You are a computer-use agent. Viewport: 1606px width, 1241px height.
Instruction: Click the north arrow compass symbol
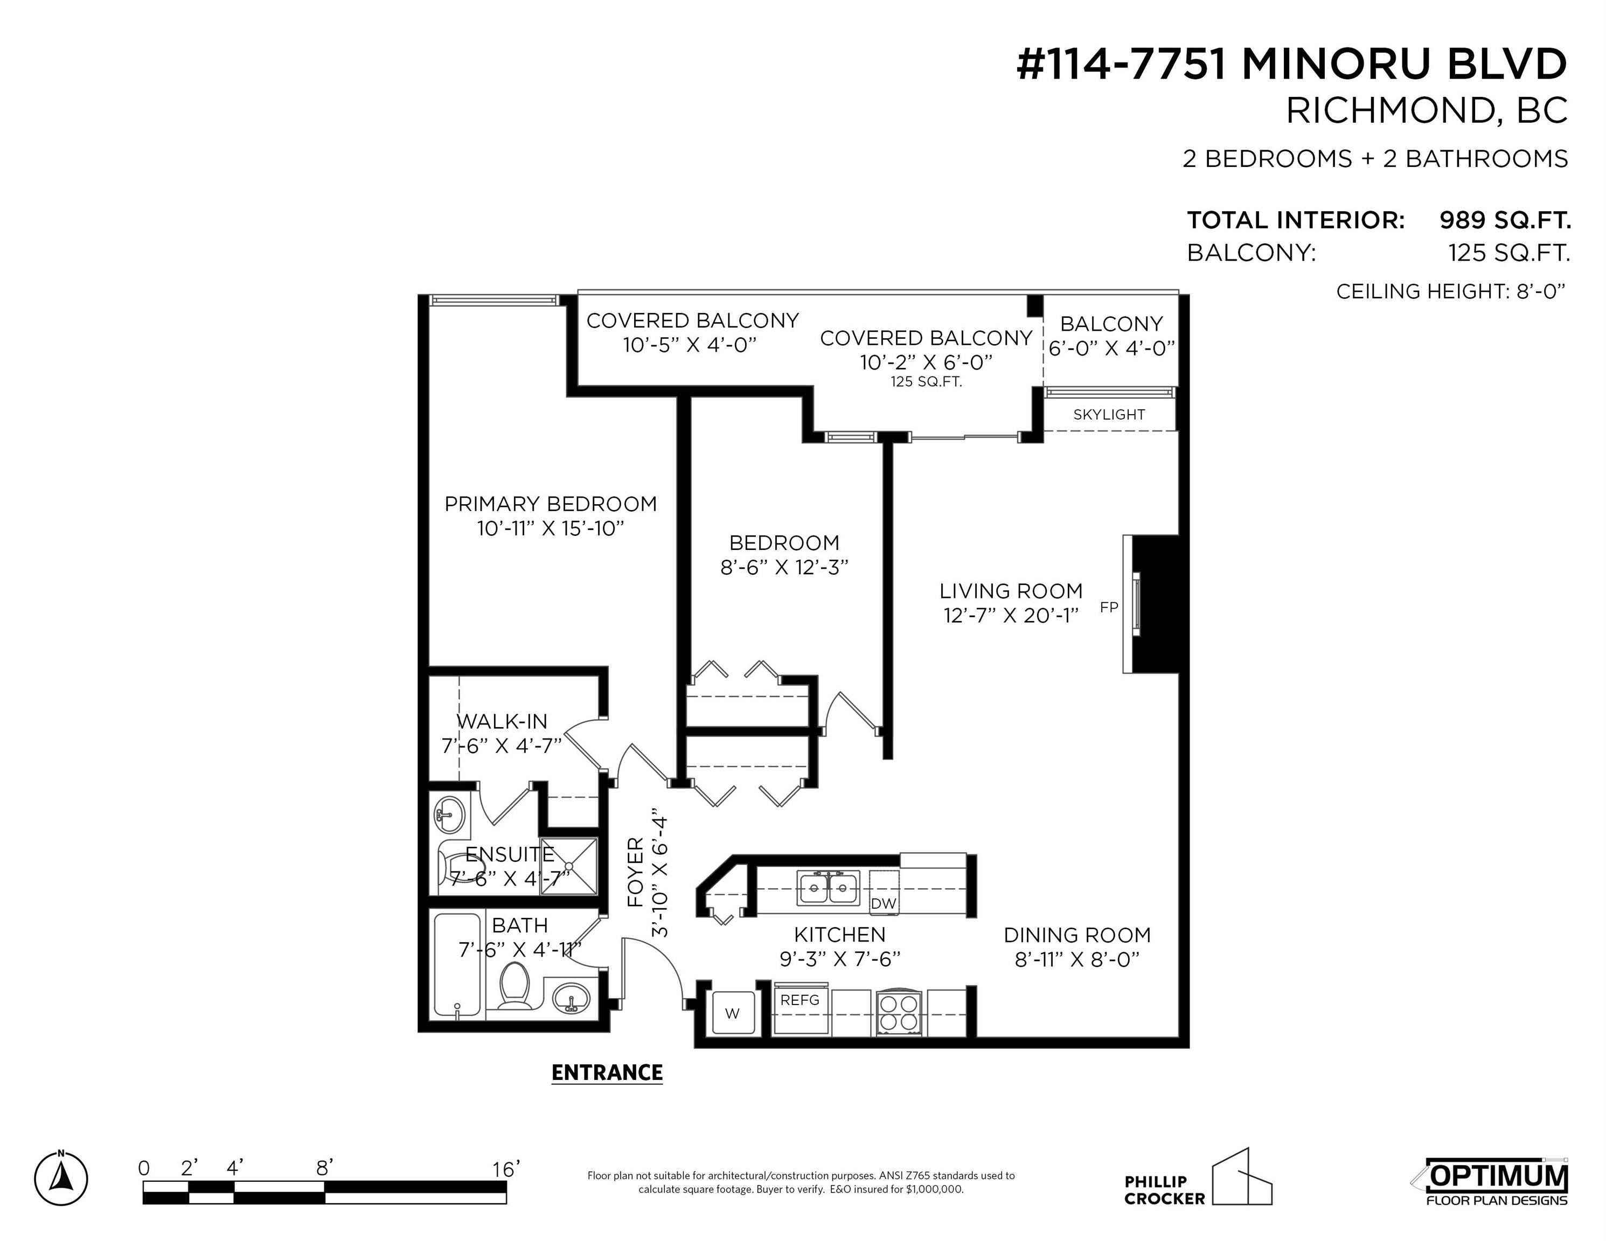(61, 1179)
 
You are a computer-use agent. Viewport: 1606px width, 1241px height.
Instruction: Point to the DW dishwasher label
(883, 903)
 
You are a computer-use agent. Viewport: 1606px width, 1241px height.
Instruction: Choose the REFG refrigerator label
(799, 1000)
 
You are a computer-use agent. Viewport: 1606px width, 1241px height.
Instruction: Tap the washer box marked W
(732, 1014)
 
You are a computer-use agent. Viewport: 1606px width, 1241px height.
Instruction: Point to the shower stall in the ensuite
(569, 866)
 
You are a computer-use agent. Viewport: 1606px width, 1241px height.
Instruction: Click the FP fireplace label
(1108, 607)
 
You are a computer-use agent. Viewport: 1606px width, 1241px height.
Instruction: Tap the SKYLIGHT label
(1109, 415)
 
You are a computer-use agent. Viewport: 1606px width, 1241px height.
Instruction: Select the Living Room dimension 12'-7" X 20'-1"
(1011, 615)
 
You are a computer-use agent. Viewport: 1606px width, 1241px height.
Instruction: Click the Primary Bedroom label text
(551, 504)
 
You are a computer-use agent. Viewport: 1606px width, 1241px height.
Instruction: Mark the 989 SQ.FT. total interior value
(1505, 220)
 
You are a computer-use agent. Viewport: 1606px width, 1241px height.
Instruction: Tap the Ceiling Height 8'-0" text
(1450, 292)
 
